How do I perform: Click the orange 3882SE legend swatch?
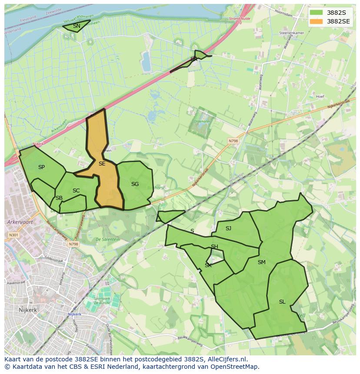317,21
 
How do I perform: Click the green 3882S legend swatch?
317,13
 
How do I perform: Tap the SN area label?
77,26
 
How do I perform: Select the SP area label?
41,167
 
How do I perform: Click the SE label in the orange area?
102,164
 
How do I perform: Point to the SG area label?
135,184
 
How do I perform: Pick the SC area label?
76,191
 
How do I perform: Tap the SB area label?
59,198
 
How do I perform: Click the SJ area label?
228,228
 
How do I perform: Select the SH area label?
214,247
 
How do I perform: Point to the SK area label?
208,265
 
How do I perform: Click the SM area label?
261,262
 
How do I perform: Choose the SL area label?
282,302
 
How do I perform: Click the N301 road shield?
13,235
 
